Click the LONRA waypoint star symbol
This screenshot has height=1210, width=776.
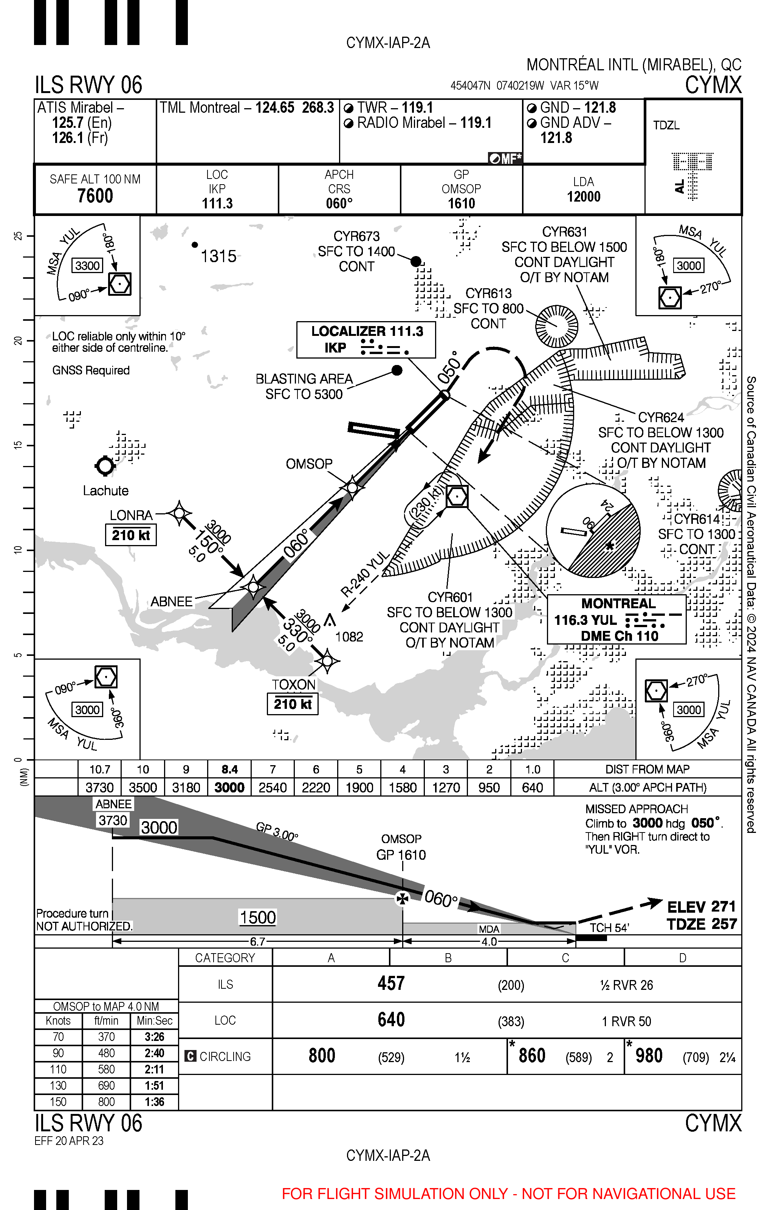coord(179,513)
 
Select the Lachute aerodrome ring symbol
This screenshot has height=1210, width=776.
coord(105,466)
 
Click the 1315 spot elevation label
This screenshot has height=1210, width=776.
coord(218,256)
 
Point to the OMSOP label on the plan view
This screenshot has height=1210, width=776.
coord(309,464)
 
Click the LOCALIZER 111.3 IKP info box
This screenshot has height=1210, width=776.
coord(366,340)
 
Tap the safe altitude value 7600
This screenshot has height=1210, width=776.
coord(95,196)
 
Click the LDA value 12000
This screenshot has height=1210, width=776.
coord(584,197)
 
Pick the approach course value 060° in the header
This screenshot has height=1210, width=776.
coord(339,203)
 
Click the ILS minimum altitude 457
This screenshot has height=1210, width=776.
coord(391,983)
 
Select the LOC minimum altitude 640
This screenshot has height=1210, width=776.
coord(391,1019)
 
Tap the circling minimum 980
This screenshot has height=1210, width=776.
coord(649,1056)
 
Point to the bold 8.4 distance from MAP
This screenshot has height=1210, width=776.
coord(229,769)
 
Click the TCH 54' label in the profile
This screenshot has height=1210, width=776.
coord(609,928)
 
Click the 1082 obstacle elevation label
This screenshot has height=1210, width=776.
coord(349,637)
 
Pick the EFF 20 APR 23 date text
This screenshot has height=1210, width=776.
coord(69,1141)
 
